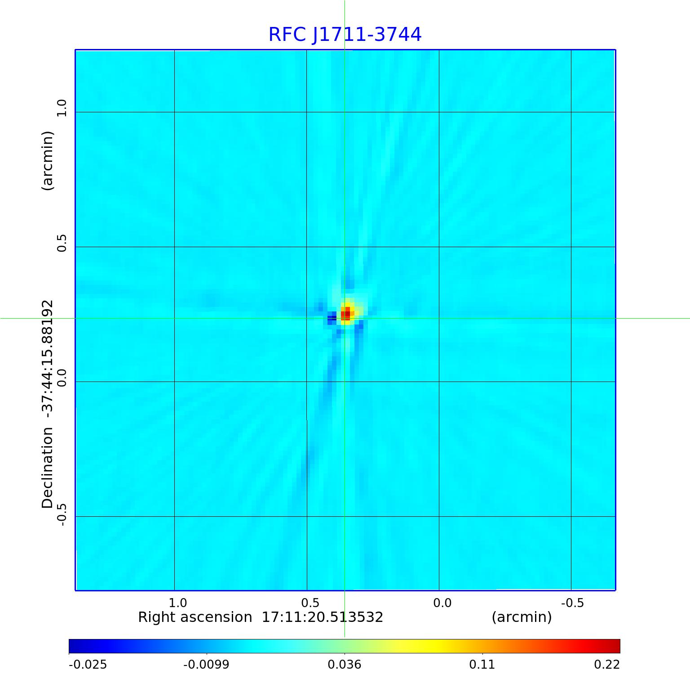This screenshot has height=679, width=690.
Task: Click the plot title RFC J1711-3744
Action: (x=345, y=35)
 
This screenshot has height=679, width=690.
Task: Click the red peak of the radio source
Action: (x=345, y=314)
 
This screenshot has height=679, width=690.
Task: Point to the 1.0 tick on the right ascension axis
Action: (x=178, y=603)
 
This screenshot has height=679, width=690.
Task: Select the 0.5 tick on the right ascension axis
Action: (x=310, y=603)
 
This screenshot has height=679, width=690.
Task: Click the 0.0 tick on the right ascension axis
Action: (x=442, y=603)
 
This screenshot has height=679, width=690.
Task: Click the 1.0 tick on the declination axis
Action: (x=62, y=108)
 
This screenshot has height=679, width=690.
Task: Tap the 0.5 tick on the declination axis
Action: (x=62, y=243)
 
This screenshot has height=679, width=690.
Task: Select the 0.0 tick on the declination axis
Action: (x=62, y=378)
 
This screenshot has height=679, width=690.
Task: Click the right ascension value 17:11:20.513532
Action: (x=323, y=617)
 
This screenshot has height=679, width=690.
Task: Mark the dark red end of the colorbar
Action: (x=615, y=646)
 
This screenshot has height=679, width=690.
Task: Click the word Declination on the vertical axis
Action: (x=48, y=467)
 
